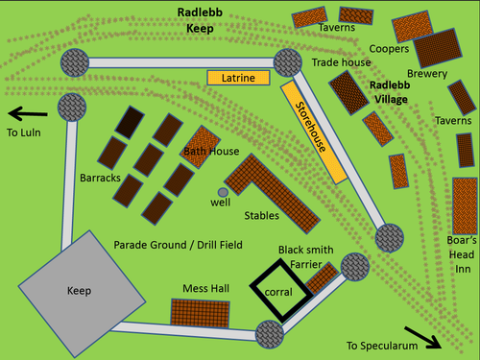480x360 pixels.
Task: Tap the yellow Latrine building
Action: click(x=237, y=77)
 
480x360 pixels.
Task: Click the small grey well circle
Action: click(x=224, y=193)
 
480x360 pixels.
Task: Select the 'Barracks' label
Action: click(x=100, y=179)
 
